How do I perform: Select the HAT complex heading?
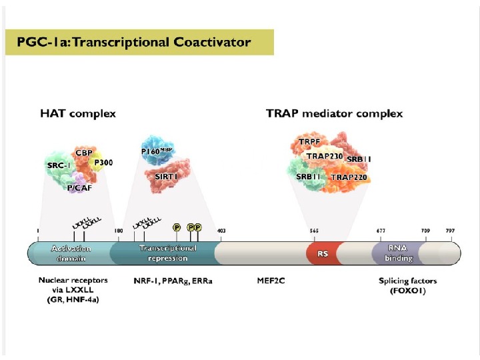point(78,113)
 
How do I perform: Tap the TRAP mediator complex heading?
point(334,113)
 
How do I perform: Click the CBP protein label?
point(84,153)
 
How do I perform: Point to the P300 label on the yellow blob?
point(103,162)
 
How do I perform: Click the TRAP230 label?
point(325,156)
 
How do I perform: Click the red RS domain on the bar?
point(323,254)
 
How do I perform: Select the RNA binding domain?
point(398,253)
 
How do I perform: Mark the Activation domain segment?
point(71,253)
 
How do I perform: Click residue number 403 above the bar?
point(221,231)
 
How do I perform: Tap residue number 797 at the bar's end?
point(450,231)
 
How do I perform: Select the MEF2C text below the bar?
point(271,281)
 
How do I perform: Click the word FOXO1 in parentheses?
point(407,291)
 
